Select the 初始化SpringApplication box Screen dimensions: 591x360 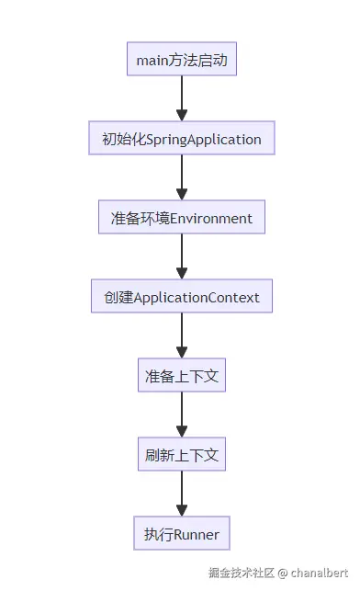point(181,139)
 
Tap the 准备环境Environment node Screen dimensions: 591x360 point(181,218)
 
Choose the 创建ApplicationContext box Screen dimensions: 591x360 point(181,297)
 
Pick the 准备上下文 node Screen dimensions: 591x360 point(181,376)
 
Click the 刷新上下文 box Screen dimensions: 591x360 point(181,454)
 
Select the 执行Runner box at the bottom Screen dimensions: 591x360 point(181,533)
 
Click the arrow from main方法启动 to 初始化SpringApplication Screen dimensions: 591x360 point(181,99)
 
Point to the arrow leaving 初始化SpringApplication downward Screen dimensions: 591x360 point(181,178)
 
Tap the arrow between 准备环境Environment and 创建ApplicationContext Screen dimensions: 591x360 point(181,257)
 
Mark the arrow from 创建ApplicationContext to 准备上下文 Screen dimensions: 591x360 point(181,336)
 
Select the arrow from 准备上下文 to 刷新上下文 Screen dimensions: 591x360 point(181,415)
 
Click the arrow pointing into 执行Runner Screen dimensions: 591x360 point(181,494)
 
